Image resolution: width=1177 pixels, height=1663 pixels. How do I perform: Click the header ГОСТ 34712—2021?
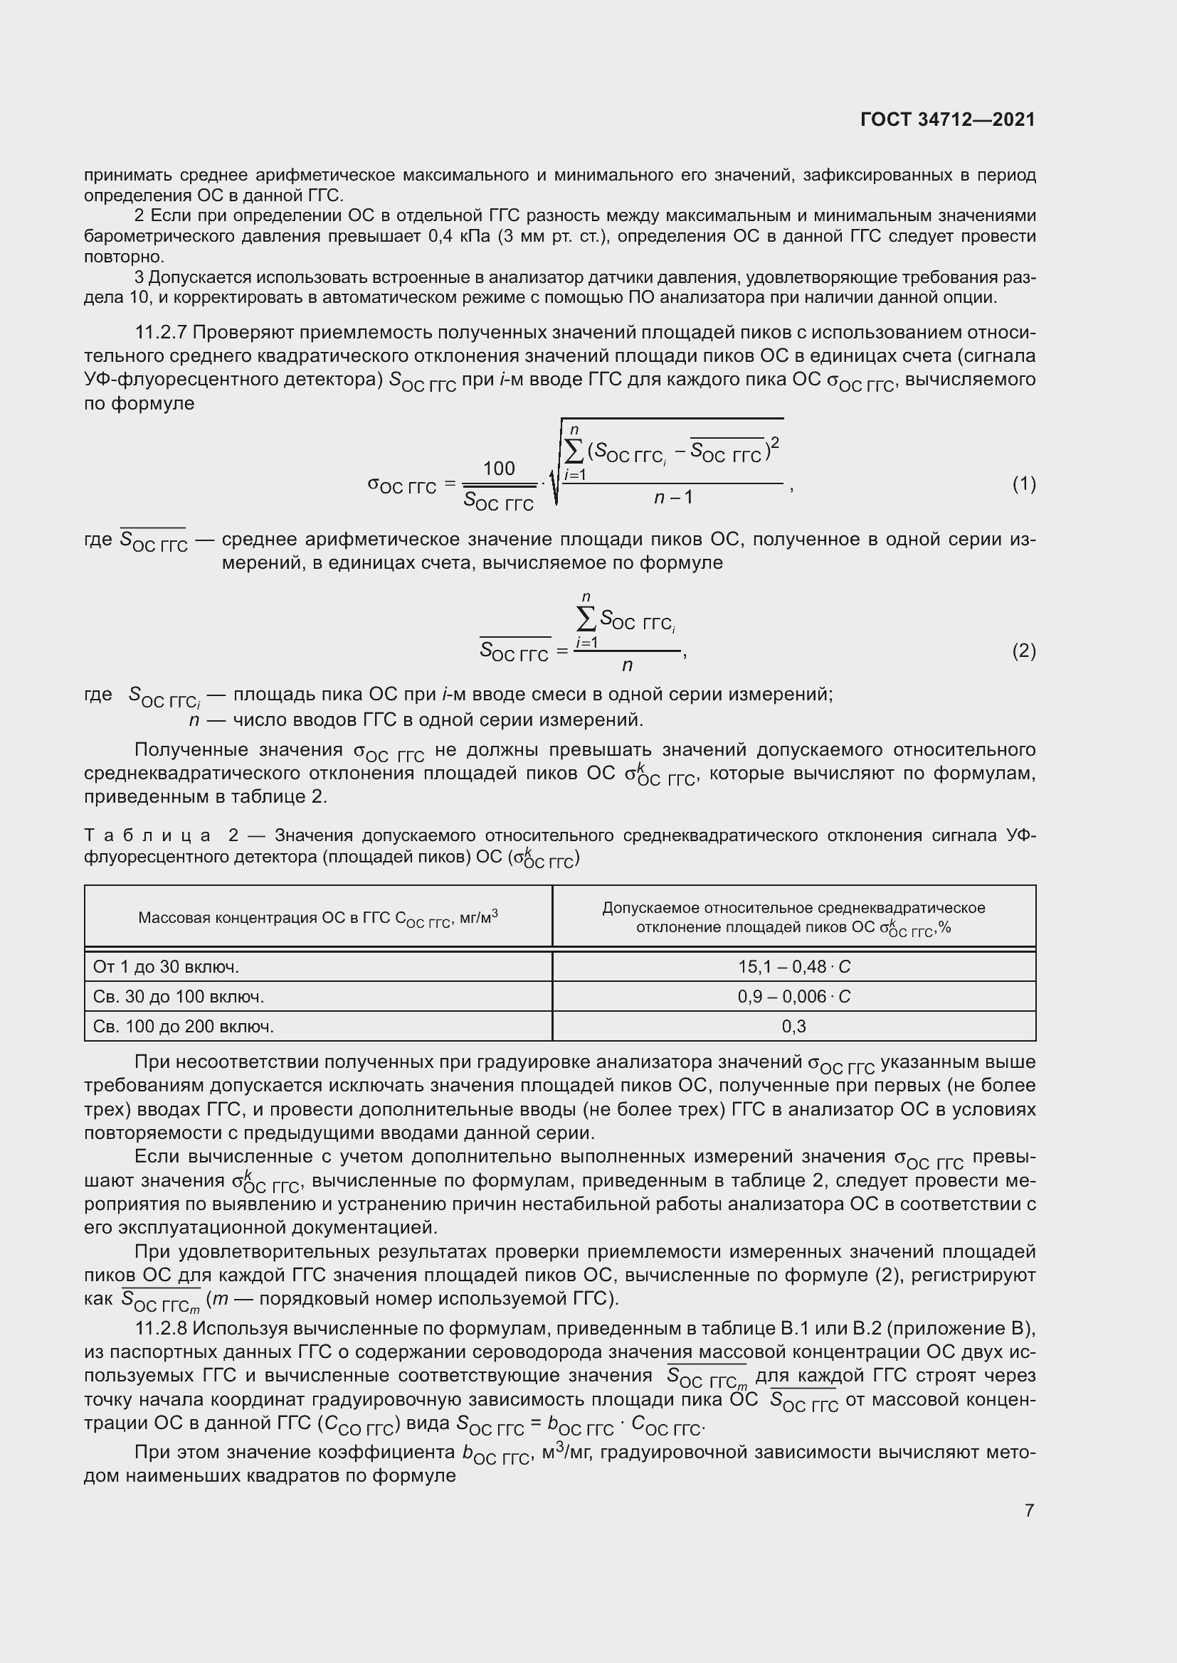(x=947, y=119)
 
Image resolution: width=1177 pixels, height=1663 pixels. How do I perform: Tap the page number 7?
(x=1029, y=1510)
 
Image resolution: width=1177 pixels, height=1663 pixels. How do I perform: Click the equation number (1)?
(x=1023, y=484)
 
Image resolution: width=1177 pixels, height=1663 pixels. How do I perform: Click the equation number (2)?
(x=1023, y=651)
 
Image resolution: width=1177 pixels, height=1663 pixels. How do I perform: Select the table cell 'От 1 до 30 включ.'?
(x=166, y=966)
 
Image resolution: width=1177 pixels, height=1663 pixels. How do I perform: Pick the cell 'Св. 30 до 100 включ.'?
(x=179, y=996)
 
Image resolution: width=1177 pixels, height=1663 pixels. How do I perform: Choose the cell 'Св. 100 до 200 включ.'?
(x=184, y=1026)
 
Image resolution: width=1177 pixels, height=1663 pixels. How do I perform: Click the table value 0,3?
(x=793, y=1026)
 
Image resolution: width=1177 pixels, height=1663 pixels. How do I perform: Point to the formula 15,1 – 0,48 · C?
(x=793, y=966)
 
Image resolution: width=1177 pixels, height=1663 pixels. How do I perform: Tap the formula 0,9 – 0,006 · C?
(x=793, y=996)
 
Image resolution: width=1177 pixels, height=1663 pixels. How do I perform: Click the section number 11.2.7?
(x=161, y=333)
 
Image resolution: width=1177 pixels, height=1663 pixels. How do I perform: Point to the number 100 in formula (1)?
(x=499, y=469)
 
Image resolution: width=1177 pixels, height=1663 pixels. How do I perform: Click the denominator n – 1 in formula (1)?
(x=673, y=497)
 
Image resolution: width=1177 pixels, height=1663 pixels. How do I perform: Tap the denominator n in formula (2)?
(x=627, y=665)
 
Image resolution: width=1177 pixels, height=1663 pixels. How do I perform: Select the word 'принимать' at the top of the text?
(x=127, y=175)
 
